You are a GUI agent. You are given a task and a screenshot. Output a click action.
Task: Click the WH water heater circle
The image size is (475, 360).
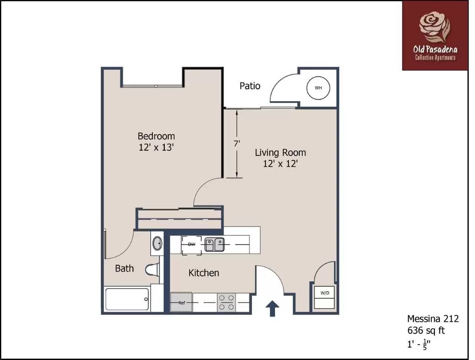click(x=318, y=88)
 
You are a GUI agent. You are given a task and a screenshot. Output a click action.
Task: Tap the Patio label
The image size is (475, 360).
click(x=250, y=86)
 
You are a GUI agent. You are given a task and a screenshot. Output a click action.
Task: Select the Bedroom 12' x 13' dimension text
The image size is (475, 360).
click(x=156, y=147)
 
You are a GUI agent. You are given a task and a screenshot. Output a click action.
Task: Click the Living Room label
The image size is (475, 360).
click(x=280, y=152)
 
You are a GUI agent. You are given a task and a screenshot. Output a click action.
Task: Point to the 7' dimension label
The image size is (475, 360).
click(x=237, y=143)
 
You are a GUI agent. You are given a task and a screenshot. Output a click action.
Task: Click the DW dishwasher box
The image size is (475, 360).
click(x=191, y=244)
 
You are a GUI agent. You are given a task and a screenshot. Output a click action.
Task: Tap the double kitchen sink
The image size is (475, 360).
click(x=214, y=245)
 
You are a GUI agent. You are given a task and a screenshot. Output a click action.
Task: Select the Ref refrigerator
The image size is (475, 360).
click(x=181, y=302)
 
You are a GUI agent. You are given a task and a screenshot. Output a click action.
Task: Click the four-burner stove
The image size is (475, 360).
click(x=226, y=302)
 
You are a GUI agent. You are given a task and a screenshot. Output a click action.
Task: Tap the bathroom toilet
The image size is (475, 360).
click(x=153, y=270)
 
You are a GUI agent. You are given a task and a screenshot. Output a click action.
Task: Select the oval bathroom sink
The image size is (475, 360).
click(x=157, y=243)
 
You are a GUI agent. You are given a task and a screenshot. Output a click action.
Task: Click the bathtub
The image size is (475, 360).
click(x=127, y=299)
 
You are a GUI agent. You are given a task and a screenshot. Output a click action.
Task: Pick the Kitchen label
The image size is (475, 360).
click(x=204, y=273)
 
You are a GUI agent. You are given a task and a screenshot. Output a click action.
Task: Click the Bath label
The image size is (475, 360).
click(x=124, y=268)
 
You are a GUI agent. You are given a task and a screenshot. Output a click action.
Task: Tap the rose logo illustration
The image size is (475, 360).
click(x=434, y=27)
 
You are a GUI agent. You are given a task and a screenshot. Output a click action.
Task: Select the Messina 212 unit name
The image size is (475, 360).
click(x=433, y=318)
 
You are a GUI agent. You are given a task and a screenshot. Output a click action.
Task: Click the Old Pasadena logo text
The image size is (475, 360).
click(x=435, y=49)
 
